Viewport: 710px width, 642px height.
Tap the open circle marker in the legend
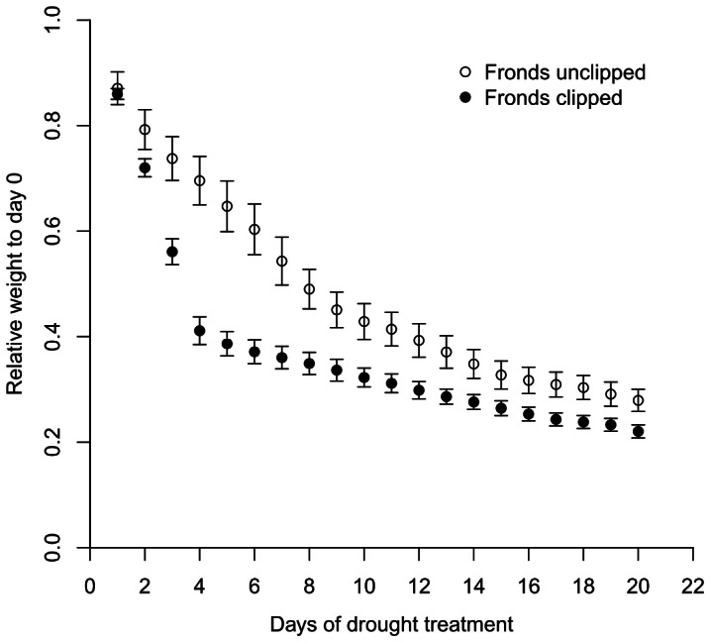[x=465, y=72]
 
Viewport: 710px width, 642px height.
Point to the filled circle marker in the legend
[x=465, y=97]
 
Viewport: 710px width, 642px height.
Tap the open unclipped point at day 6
[x=254, y=229]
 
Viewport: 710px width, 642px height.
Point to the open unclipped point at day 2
[x=145, y=130]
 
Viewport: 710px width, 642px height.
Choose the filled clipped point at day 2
[x=145, y=167]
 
